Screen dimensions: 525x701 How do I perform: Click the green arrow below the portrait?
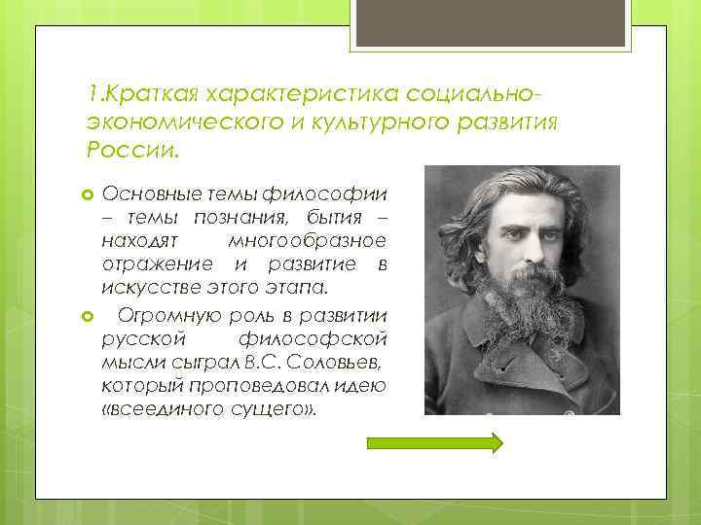434,443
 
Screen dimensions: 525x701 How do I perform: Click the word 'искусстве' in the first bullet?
147,288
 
